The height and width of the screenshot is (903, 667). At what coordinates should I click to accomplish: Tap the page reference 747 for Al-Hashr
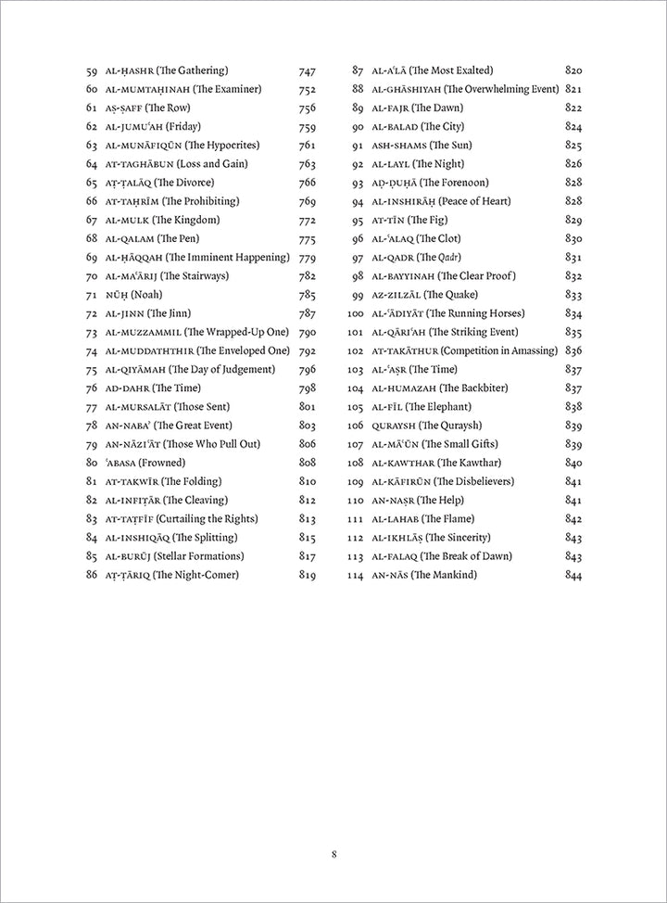click(x=307, y=70)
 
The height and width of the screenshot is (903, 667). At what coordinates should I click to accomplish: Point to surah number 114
click(x=354, y=575)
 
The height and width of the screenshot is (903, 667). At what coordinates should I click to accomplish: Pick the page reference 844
click(x=573, y=575)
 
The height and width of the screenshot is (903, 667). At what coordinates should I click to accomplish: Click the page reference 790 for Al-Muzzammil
click(x=307, y=332)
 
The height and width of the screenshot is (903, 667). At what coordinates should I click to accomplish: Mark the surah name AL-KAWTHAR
click(x=406, y=463)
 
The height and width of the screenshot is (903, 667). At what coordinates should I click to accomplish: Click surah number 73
click(x=92, y=332)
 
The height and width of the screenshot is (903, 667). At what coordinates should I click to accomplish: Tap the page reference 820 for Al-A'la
click(x=573, y=70)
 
